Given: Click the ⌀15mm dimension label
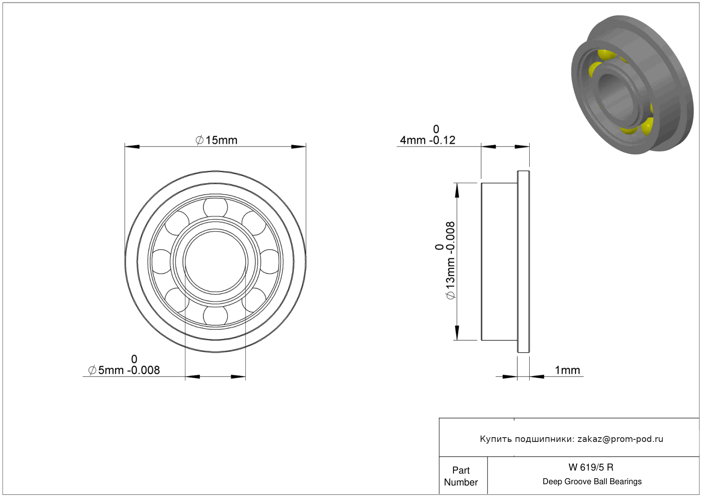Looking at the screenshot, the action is tap(216, 140).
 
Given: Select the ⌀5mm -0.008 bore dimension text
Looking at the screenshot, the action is tap(124, 370).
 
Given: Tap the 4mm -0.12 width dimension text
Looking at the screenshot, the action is tap(427, 140).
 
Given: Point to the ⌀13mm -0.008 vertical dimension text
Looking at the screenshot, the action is tap(450, 260).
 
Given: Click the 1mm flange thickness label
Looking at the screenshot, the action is tap(567, 370).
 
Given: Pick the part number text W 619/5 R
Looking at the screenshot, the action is tap(591, 467).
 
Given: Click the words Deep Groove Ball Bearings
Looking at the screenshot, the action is tap(592, 481).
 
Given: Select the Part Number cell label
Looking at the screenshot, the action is tap(461, 476).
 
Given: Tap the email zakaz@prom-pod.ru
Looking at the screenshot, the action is tap(620, 439).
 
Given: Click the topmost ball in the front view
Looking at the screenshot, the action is tap(215, 207).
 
